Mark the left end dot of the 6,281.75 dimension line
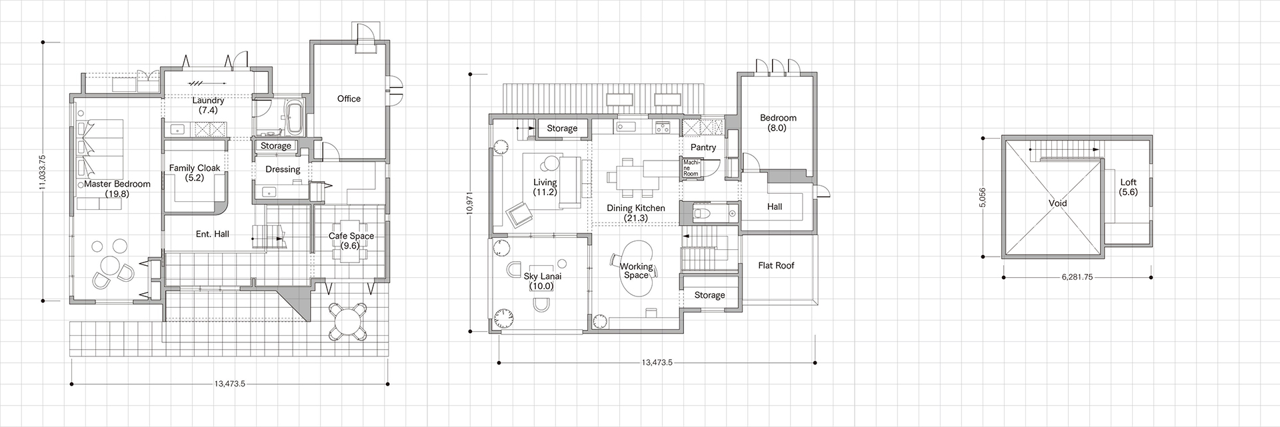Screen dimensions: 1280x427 pos(1003,277)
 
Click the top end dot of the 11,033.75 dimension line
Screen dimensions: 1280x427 pos(43,42)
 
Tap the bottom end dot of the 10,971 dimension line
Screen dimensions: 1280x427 pos(471,331)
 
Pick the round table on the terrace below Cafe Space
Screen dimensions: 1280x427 pos(347,321)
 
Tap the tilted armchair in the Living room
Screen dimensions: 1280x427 pos(518,214)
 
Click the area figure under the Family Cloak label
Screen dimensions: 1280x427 pos(195,178)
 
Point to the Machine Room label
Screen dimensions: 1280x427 pos(689,167)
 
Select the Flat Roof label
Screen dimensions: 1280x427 pos(776,266)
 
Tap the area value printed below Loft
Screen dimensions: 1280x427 pos(1129,192)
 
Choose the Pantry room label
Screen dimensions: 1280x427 pos(703,148)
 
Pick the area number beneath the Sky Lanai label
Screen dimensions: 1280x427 pos(541,286)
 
